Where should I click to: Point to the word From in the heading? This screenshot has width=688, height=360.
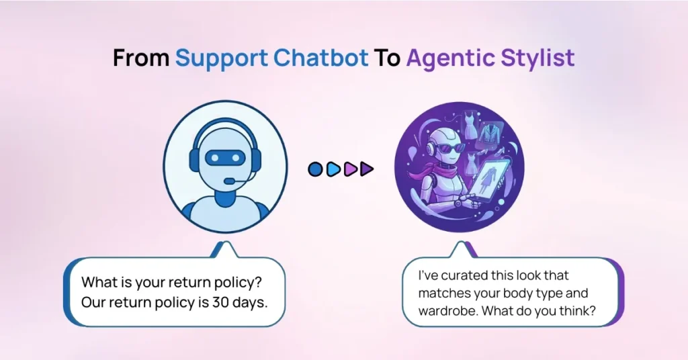tap(141, 58)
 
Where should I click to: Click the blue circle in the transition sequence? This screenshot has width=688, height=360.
tap(315, 169)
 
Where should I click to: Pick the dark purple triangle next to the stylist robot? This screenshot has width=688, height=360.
tap(366, 169)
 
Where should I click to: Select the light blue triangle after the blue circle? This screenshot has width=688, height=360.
tap(333, 169)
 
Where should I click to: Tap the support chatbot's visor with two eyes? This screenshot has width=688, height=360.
tap(221, 157)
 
